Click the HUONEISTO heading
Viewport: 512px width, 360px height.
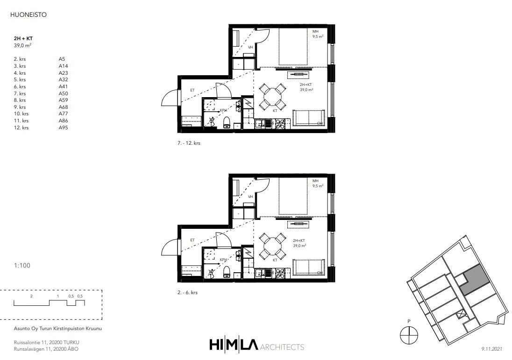coord(28,14)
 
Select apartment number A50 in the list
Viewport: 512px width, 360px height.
coord(64,93)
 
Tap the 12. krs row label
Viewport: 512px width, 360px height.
coord(21,127)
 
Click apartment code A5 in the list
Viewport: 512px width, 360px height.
coord(62,59)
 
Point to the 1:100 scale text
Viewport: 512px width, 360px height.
coord(22,265)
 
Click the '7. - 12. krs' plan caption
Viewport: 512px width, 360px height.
coord(189,143)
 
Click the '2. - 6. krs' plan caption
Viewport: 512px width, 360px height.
coord(187,292)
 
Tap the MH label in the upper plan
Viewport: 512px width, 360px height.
coord(315,31)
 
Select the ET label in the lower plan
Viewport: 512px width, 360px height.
coord(192,240)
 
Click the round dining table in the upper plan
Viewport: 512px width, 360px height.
coord(273,97)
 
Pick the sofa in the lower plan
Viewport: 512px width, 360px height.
coord(309,268)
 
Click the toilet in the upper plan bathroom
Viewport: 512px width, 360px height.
coord(227,122)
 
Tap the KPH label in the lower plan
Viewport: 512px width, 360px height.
coord(223,260)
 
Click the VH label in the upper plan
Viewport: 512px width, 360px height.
coord(250,47)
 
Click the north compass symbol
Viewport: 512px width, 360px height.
coord(409,335)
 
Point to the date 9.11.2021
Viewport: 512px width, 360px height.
coord(492,349)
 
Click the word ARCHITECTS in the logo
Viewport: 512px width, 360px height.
coord(282,347)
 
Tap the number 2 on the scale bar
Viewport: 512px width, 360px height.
coord(31,296)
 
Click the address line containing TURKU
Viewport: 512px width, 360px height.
coord(46,342)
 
